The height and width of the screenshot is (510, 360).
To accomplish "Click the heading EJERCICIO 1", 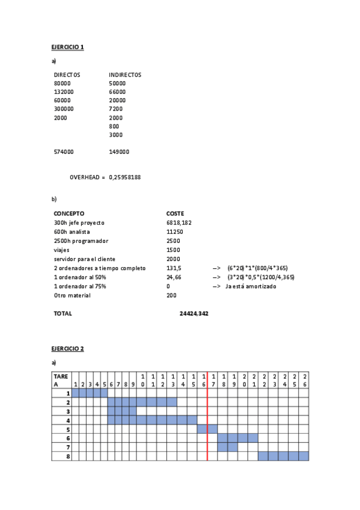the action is click(67, 47).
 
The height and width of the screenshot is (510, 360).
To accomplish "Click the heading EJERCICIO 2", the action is click(67, 349).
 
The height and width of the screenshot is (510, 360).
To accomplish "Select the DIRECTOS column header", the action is click(67, 75).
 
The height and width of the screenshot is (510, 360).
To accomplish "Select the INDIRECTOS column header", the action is click(125, 75).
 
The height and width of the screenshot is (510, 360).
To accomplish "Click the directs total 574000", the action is click(64, 152).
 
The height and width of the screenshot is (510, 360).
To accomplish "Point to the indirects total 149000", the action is click(119, 152).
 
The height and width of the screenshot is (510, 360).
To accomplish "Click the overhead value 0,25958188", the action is click(125, 177).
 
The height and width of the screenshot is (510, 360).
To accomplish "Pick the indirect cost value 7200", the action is click(115, 109).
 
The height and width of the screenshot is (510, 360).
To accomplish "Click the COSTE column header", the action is click(175, 214).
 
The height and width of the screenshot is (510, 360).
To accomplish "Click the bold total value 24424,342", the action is click(194, 313).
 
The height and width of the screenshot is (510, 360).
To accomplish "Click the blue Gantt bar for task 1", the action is click(90, 393).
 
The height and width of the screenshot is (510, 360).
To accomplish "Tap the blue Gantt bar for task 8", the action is click(283, 456).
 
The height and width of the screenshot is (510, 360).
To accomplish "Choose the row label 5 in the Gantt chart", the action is click(69, 429).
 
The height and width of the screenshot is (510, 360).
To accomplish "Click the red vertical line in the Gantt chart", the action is click(207, 421).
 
